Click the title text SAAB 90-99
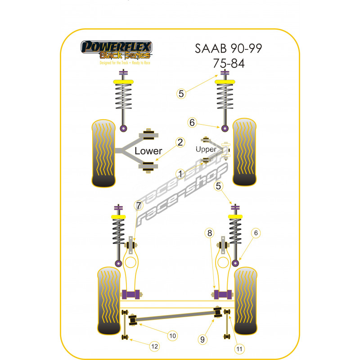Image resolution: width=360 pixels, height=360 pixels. [229, 48]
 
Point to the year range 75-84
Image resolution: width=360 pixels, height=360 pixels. [229, 63]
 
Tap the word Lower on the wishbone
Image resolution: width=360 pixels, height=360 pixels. [148, 151]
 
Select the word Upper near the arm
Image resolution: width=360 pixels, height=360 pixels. [206, 149]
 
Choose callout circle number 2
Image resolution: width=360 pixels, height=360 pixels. [180, 143]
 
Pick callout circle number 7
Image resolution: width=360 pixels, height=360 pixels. [138, 206]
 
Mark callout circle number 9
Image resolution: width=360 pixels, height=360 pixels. [202, 339]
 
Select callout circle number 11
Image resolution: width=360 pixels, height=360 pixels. [238, 347]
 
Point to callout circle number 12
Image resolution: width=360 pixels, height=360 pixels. [154, 346]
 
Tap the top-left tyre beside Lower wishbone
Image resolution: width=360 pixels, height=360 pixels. [104, 153]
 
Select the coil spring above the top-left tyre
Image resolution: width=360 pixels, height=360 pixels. [123, 101]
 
